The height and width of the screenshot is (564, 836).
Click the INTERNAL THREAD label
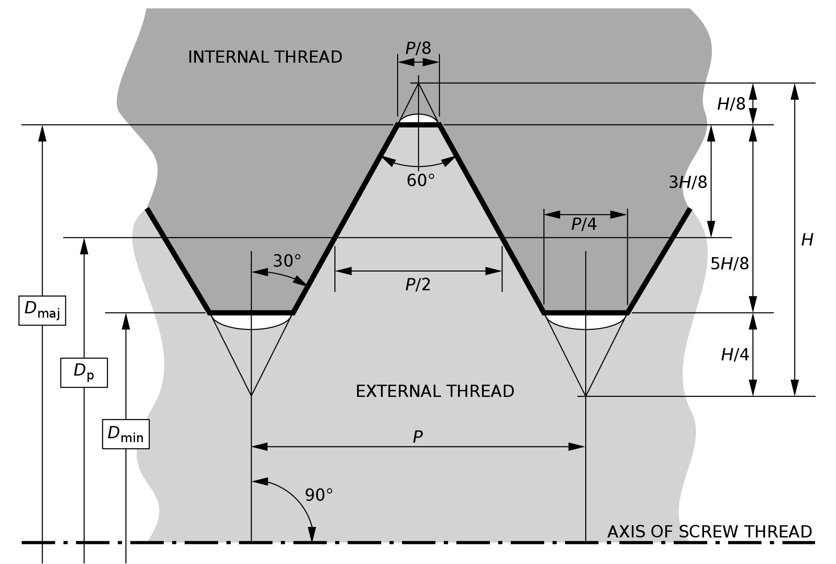click(265, 57)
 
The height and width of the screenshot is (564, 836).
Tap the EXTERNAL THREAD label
click(435, 391)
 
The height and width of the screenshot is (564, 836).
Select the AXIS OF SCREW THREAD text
click(710, 532)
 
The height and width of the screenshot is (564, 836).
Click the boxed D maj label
click(42, 310)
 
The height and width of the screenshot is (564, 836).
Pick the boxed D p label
click(84, 373)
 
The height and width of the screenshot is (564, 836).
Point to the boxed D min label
click(126, 434)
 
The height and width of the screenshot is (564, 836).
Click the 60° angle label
click(421, 180)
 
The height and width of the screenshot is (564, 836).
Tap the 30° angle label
click(287, 261)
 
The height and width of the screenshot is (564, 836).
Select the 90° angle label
click(319, 495)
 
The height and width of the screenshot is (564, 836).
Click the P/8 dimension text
click(418, 48)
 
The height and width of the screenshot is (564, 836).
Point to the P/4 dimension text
click(584, 224)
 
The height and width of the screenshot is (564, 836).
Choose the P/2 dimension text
click(418, 285)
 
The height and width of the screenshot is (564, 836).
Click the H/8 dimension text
click(731, 104)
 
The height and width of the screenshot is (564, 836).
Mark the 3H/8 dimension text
click(688, 182)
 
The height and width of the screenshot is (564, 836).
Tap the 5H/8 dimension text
click(730, 263)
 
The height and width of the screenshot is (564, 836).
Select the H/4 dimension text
click(735, 355)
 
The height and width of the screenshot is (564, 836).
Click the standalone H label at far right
click(807, 240)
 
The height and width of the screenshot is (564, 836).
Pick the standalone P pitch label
click(418, 436)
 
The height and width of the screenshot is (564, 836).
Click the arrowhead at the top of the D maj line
click(42, 133)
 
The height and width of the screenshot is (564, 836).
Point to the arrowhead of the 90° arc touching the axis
click(312, 534)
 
